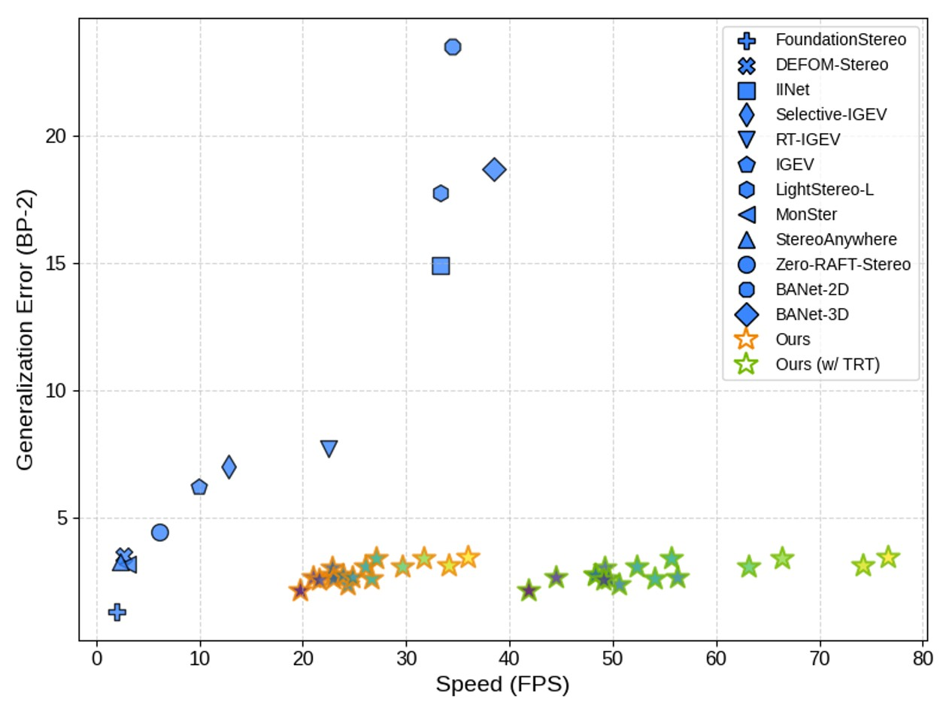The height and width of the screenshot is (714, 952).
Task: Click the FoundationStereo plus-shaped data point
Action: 117,612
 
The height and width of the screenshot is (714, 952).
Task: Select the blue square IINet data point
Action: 441,265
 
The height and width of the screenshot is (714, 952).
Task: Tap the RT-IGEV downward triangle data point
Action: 329,449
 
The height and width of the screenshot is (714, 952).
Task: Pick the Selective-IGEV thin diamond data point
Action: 229,467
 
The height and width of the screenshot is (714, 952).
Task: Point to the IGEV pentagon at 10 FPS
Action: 199,487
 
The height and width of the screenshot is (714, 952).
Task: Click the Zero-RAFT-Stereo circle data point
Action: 159,532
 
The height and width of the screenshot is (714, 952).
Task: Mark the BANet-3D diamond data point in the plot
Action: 494,169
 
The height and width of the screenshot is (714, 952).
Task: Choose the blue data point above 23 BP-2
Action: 453,47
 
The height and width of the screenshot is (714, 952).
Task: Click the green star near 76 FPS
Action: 888,557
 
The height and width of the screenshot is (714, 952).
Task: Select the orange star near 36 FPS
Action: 468,557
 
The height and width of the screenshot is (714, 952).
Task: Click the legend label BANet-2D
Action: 812,289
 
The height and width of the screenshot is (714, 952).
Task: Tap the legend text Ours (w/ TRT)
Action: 827,365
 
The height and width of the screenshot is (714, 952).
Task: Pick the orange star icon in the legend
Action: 747,339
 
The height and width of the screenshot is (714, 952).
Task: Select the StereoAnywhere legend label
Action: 835,239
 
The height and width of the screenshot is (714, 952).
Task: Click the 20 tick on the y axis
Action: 60,136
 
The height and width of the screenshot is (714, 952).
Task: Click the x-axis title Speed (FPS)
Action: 502,685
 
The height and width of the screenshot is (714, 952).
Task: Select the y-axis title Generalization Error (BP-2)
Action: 26,329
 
